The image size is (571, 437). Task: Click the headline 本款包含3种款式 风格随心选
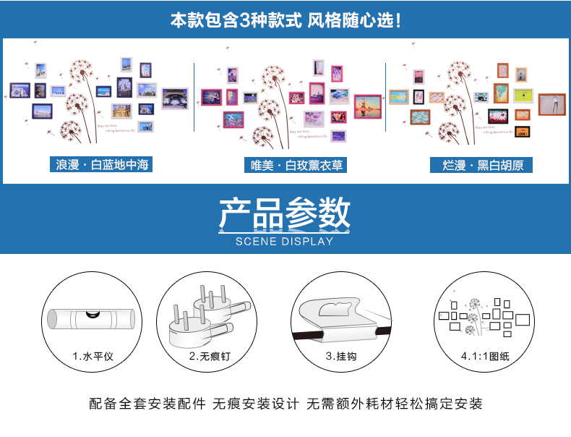(x=285, y=20)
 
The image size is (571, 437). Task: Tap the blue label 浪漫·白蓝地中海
(x=103, y=165)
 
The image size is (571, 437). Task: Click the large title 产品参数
(x=285, y=214)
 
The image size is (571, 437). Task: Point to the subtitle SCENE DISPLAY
(x=285, y=242)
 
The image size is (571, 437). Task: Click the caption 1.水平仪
(x=93, y=356)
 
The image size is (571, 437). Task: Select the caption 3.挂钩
(x=341, y=356)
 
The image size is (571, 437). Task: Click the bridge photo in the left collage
(x=174, y=98)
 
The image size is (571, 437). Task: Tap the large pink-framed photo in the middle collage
(x=367, y=106)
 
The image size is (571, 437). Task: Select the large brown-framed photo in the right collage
(x=551, y=104)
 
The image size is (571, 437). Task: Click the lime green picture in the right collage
(x=523, y=96)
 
